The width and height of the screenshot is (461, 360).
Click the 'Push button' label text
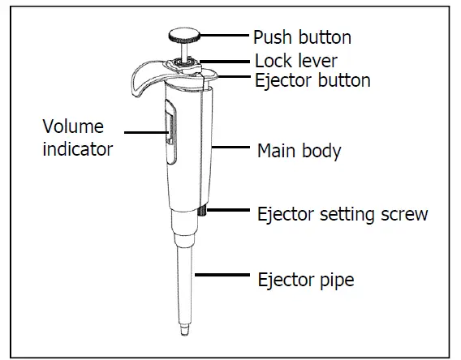[303, 38]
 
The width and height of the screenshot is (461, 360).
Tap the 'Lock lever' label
[295, 61]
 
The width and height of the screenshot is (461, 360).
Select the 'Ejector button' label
[312, 80]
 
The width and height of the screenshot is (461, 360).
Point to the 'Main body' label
[299, 150]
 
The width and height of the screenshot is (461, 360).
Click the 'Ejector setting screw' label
[342, 214]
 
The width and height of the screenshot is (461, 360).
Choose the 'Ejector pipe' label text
[305, 280]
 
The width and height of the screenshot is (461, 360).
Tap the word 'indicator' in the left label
[77, 149]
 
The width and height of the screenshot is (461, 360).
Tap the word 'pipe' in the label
[336, 281]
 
